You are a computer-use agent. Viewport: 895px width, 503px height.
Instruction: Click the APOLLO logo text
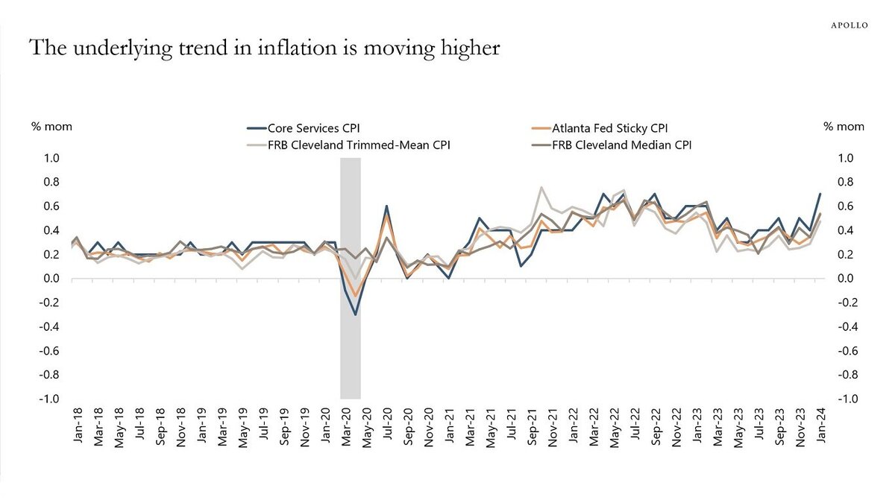849,25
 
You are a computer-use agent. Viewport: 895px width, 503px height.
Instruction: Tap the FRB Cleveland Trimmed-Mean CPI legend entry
357,145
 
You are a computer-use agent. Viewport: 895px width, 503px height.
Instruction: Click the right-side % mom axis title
844,127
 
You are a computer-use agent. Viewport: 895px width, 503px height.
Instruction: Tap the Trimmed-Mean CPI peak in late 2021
541,187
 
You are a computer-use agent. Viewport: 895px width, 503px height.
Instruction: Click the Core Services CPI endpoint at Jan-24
820,194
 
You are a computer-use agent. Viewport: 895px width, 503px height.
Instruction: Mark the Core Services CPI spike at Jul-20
386,206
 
